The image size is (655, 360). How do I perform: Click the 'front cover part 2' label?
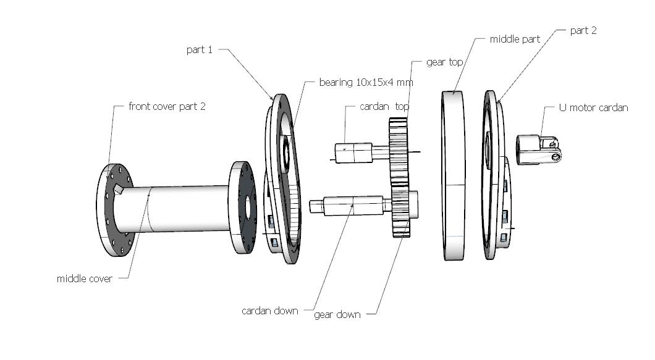point(167,106)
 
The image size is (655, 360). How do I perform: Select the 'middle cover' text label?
point(84,278)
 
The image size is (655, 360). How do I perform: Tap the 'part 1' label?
point(199,49)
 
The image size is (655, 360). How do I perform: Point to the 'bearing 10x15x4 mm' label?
point(366,82)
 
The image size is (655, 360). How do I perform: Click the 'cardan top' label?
point(384,106)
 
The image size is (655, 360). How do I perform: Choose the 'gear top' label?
point(444,62)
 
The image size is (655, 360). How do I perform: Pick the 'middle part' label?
point(515,39)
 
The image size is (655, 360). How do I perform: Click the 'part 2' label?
point(583,30)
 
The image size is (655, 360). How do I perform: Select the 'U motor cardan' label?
point(593,107)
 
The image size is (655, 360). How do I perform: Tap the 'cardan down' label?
point(269,311)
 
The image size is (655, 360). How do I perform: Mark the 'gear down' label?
point(337,314)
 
